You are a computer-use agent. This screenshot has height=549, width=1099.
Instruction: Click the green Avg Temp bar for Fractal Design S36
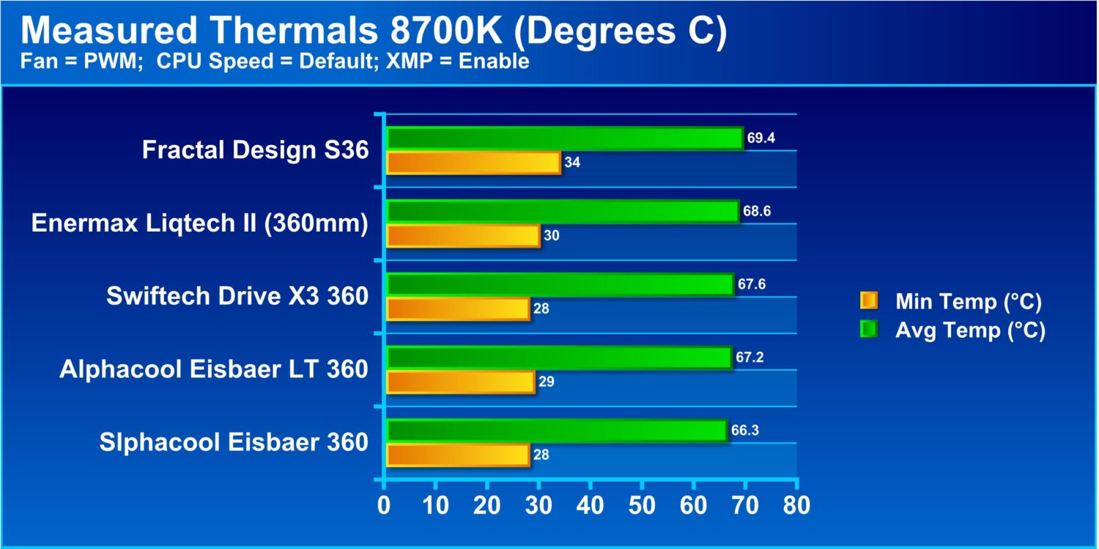pyautogui.click(x=564, y=138)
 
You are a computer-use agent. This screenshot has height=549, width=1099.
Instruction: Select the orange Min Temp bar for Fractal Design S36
pyautogui.click(x=473, y=163)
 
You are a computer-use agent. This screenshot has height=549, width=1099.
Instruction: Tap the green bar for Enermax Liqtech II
pyautogui.click(x=562, y=211)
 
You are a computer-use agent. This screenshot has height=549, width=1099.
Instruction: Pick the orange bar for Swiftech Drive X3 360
pyautogui.click(x=457, y=309)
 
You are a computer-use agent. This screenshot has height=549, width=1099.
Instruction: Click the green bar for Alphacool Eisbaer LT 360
pyautogui.click(x=558, y=357)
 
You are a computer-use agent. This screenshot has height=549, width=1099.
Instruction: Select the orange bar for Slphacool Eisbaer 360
pyautogui.click(x=457, y=454)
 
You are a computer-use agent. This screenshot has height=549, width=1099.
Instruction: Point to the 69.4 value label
pyautogui.click(x=761, y=138)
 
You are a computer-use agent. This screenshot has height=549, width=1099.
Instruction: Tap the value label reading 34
pyautogui.click(x=572, y=163)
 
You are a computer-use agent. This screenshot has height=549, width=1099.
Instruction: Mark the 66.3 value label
pyautogui.click(x=744, y=430)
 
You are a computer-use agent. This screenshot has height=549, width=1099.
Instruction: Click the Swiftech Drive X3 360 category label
pyautogui.click(x=237, y=296)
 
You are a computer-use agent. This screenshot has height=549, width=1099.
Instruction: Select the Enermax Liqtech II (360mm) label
pyautogui.click(x=199, y=223)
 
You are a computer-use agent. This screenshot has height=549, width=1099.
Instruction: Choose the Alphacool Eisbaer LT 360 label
pyautogui.click(x=214, y=369)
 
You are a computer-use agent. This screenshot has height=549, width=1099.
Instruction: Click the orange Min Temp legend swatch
pyautogui.click(x=869, y=301)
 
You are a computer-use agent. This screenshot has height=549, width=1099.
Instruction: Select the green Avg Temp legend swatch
pyautogui.click(x=869, y=330)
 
